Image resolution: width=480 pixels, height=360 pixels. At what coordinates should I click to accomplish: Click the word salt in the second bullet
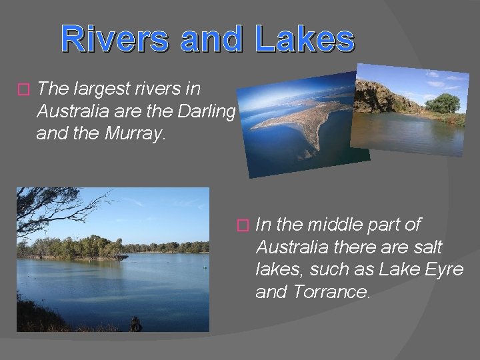click(x=426, y=247)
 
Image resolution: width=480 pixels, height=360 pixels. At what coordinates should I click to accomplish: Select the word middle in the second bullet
click(x=328, y=225)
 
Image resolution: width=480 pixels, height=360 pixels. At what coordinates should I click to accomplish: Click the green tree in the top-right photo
click(x=443, y=103)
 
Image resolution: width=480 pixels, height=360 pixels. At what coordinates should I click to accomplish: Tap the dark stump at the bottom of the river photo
click(x=135, y=325)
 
